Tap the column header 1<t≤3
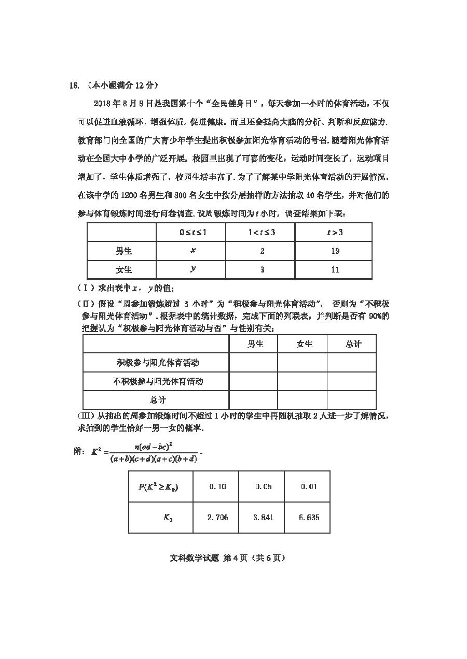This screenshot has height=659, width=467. [262, 233]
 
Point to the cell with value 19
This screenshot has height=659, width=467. [335, 251]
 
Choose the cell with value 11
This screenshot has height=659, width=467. [335, 269]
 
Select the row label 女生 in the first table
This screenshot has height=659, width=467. [123, 269]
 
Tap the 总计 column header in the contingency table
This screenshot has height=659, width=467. [353, 344]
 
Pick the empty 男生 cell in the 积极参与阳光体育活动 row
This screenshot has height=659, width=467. [253, 363]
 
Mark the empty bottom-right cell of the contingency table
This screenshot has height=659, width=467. [351, 400]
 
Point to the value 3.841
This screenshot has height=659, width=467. [263, 517]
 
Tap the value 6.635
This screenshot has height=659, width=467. [309, 517]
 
